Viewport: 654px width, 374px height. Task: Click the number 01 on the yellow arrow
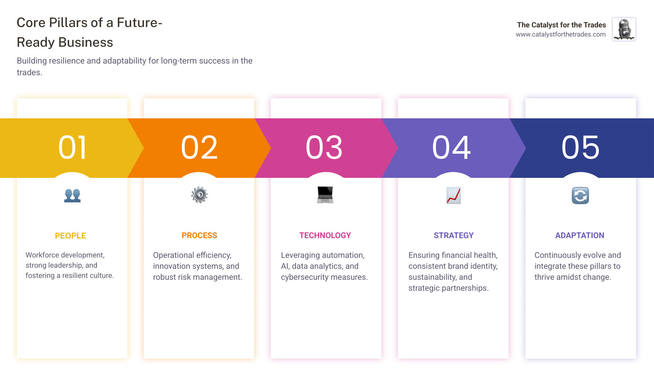(x=72, y=148)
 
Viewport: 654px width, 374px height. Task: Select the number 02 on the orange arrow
(x=199, y=148)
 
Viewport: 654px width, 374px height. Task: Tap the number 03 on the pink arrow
(x=324, y=148)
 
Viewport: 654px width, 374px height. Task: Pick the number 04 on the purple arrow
(x=452, y=148)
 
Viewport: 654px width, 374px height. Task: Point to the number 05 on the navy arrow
(x=580, y=148)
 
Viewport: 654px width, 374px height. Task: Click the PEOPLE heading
(x=71, y=236)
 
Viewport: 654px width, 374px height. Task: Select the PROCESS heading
(x=199, y=236)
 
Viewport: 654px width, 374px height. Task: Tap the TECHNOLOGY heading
(x=325, y=236)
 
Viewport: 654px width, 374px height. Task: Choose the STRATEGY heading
(x=453, y=236)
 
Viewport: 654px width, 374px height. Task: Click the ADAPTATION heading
(x=579, y=236)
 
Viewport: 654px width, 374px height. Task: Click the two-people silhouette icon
(x=72, y=195)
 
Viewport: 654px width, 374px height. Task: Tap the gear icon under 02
(x=199, y=195)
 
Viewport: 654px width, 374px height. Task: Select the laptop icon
(x=325, y=195)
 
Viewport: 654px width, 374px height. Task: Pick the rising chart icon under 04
(x=453, y=195)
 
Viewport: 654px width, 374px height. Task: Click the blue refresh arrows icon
(x=580, y=195)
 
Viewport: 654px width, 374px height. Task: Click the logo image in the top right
(x=624, y=29)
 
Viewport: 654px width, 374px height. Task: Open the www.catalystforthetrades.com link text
(x=560, y=34)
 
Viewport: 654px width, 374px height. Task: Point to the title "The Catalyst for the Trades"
(x=561, y=25)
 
